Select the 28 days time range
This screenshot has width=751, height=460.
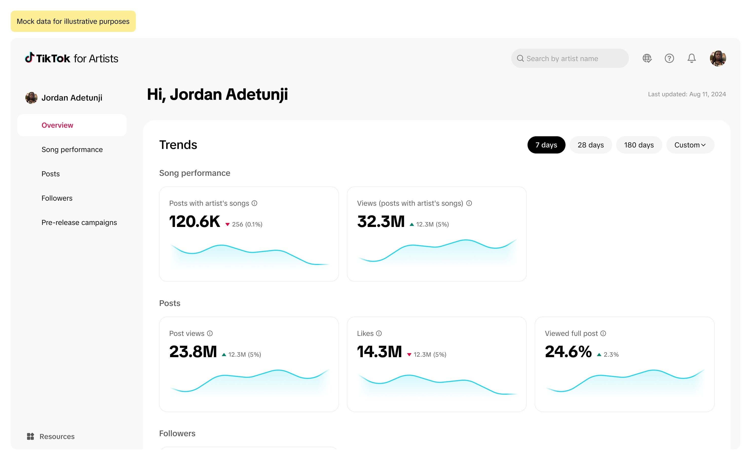pos(590,145)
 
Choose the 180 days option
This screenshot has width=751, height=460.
pos(639,145)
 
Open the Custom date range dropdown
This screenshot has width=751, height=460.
pos(690,145)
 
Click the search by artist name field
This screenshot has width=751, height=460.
pos(570,59)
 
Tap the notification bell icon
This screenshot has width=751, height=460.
pos(691,58)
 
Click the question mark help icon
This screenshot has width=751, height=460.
pos(669,58)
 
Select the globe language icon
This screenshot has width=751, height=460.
pos(647,58)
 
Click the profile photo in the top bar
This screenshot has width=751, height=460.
pos(718,58)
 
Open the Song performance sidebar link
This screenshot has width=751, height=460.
pos(72,150)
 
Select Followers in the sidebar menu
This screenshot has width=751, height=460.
pos(57,198)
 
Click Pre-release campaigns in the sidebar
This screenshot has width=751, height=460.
pos(79,223)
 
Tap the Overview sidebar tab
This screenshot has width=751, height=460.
pos(57,125)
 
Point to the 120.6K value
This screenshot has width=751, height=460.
pos(194,221)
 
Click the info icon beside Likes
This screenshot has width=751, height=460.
pos(379,333)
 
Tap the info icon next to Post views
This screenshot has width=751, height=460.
pos(210,333)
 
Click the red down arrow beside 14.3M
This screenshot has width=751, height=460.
pos(409,355)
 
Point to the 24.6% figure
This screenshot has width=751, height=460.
pos(568,352)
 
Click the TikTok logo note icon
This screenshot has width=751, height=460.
pos(29,58)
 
